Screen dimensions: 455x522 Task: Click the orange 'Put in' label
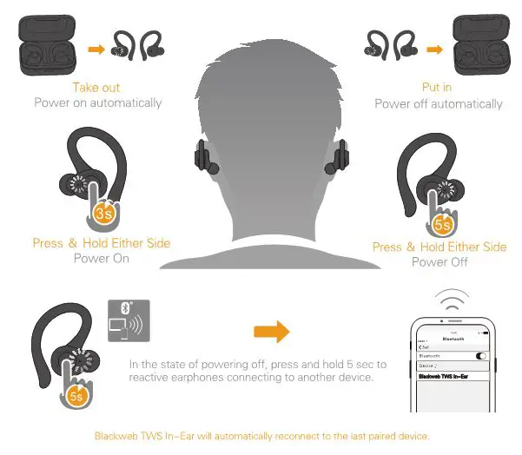click(438, 89)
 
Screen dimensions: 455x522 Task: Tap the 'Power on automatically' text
click(97, 102)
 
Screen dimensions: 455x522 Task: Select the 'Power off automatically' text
click(438, 103)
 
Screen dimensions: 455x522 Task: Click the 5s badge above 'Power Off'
click(443, 224)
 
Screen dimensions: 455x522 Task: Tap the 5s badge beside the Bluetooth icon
click(76, 396)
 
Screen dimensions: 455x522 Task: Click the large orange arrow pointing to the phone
click(271, 331)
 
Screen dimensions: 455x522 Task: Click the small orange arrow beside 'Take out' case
click(98, 49)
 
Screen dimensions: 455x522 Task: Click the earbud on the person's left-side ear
click(203, 159)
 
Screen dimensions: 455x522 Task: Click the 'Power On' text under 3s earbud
click(101, 258)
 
